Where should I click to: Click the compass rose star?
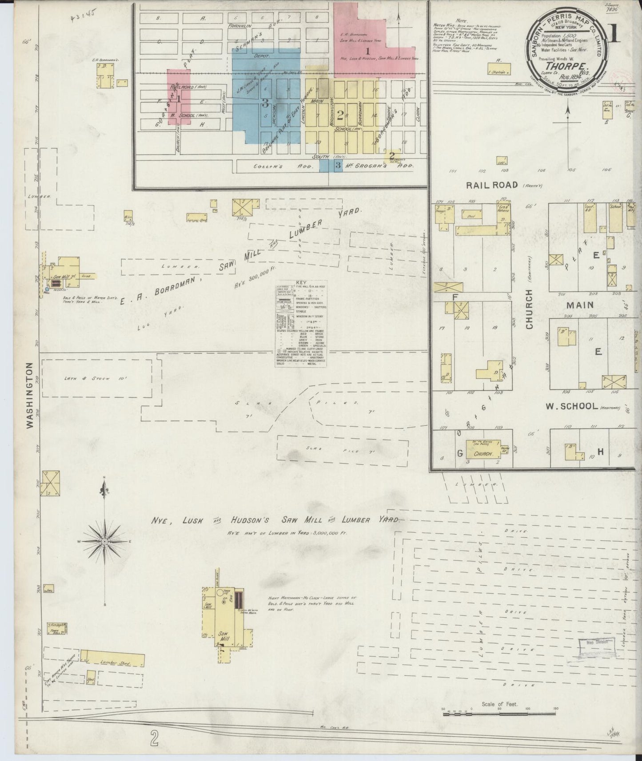(x=104, y=542)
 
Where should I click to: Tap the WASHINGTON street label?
(x=30, y=396)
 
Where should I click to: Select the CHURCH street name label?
(x=529, y=309)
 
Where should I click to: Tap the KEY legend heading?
(x=302, y=283)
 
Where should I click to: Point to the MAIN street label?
(x=580, y=305)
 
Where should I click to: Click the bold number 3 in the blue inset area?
(x=265, y=103)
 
